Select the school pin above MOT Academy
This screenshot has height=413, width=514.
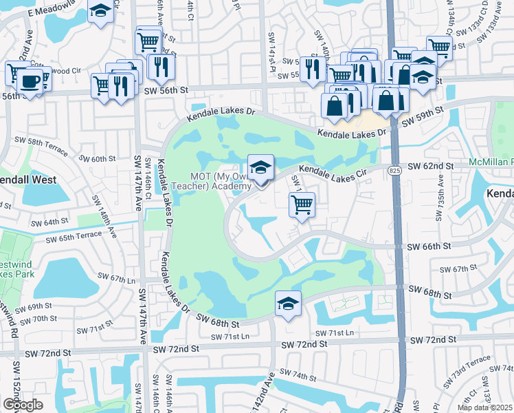tap(260, 168)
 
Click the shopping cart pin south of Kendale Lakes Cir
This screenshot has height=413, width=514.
tap(302, 204)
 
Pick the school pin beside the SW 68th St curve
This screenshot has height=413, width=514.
tap(289, 304)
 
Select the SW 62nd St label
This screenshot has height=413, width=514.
tap(431, 167)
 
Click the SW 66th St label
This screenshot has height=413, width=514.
tap(425, 246)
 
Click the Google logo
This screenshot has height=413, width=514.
tap(23, 405)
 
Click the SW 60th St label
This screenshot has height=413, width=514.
tap(97, 159)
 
